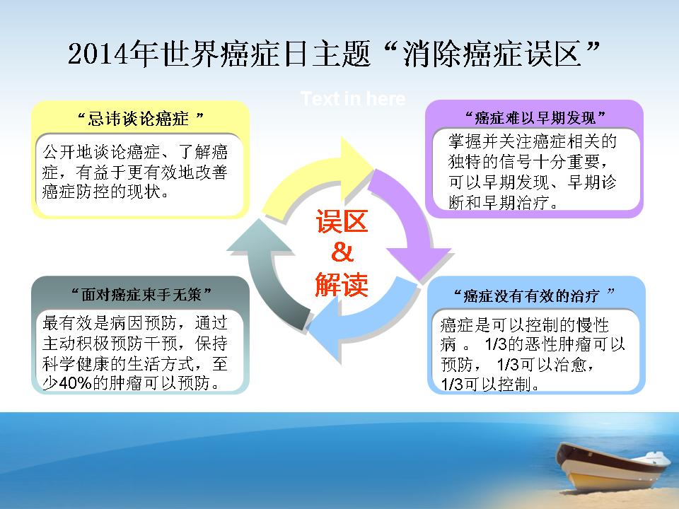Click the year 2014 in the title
click(98, 54)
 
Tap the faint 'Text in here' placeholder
click(353, 99)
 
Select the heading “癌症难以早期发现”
click(535, 117)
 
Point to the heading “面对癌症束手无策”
click(141, 294)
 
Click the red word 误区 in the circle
click(342, 221)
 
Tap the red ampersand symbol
click(342, 252)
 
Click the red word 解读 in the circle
click(342, 284)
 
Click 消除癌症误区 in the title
click(492, 54)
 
